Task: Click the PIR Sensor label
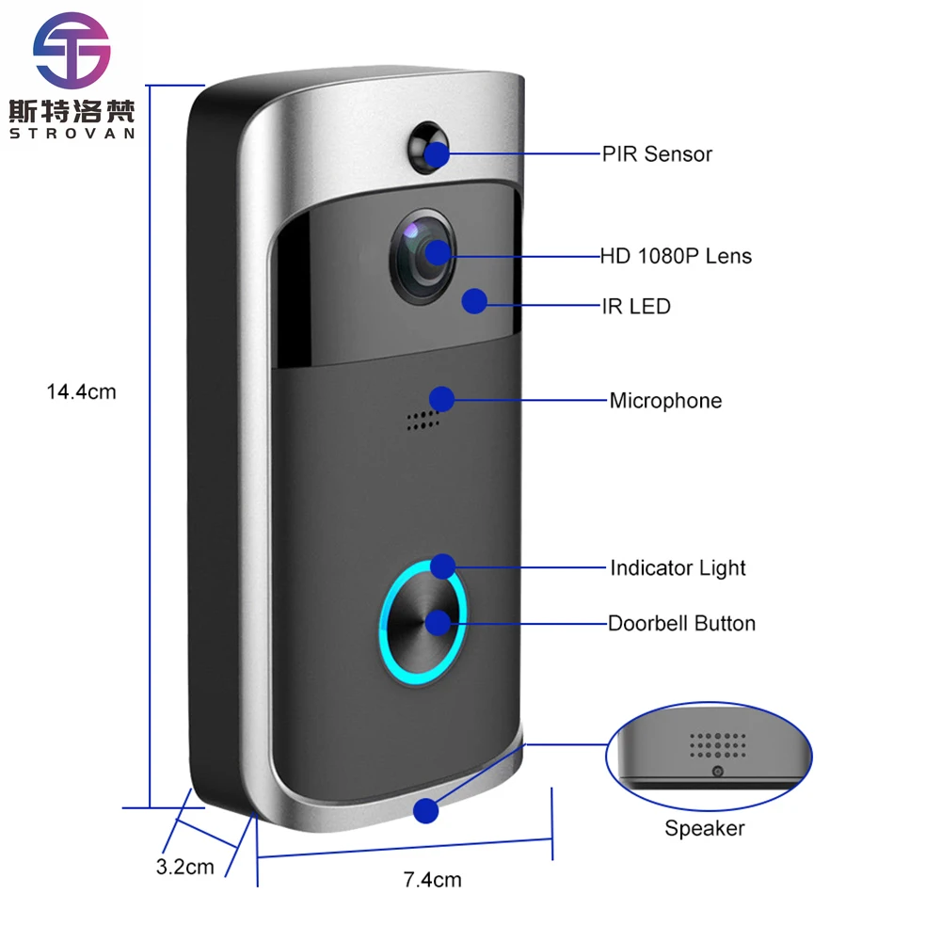pos(657,154)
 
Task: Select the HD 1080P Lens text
pos(676,256)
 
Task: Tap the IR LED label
pos(636,307)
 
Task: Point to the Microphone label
pos(665,401)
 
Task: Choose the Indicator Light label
pos(678,568)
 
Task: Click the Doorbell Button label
pos(681,623)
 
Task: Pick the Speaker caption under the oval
pos(704,828)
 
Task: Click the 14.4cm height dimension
pos(82,391)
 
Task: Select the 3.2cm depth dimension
pos(184,867)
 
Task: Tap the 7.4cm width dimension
pos(432,881)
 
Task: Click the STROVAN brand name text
pos(72,133)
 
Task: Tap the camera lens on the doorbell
pos(423,254)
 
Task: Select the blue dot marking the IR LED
pos(474,301)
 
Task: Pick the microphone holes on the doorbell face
pos(423,420)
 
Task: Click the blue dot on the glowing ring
pos(442,566)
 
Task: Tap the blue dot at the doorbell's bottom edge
pos(427,810)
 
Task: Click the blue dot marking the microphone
pos(441,399)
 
